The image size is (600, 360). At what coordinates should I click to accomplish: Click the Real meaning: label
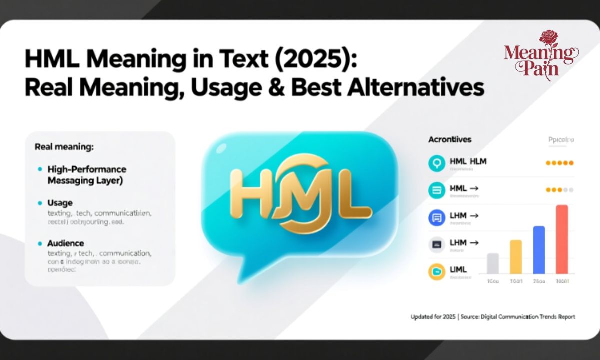pos(64,147)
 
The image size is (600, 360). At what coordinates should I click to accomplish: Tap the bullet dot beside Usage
pos(40,203)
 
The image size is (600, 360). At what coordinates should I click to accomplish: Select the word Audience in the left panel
pos(65,243)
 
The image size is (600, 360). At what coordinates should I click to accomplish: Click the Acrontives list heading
pos(449,140)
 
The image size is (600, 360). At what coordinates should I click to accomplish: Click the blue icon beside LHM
pos(437,217)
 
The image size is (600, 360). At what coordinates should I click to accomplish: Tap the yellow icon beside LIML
pos(437,271)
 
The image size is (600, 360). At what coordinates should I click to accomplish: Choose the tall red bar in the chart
pos(562,239)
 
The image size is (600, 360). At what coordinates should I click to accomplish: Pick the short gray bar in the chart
pos(493,263)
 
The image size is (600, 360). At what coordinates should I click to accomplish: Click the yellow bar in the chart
pos(516,256)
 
